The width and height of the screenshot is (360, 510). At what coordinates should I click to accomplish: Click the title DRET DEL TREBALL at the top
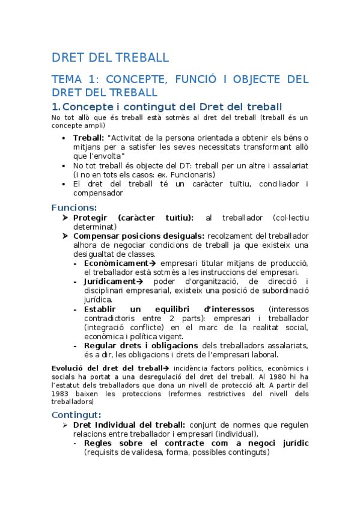111,58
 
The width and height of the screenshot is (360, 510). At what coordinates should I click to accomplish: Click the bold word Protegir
91,218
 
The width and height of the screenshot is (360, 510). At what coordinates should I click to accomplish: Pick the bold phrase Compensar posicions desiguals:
138,236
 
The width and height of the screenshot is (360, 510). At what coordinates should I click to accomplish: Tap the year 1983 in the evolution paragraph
61,393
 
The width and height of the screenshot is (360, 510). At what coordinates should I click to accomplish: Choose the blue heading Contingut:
76,414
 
